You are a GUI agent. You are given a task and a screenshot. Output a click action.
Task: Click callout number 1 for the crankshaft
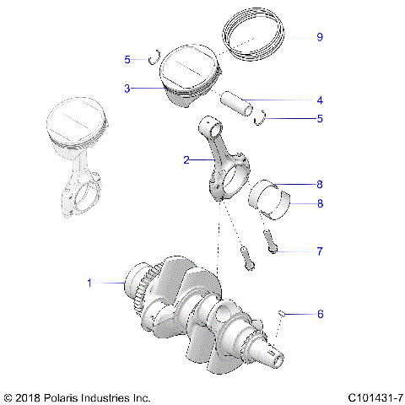tap(89, 283)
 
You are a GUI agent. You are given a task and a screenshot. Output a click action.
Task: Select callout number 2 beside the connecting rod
tap(186, 158)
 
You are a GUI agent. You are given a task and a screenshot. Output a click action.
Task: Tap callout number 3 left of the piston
tap(127, 87)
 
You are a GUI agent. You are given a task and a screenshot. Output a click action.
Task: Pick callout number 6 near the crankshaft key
tap(320, 313)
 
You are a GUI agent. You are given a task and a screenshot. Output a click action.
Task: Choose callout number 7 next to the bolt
tap(320, 251)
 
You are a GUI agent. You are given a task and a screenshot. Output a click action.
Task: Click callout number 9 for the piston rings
tap(320, 37)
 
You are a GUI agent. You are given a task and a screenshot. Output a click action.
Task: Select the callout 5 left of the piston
tap(127, 60)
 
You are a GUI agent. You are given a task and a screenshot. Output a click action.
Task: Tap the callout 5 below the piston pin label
tap(320, 119)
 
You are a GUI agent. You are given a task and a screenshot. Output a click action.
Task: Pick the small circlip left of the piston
tap(153, 59)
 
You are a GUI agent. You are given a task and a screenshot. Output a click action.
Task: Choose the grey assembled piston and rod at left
tap(78, 160)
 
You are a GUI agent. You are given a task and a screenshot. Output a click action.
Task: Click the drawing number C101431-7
tap(374, 396)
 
